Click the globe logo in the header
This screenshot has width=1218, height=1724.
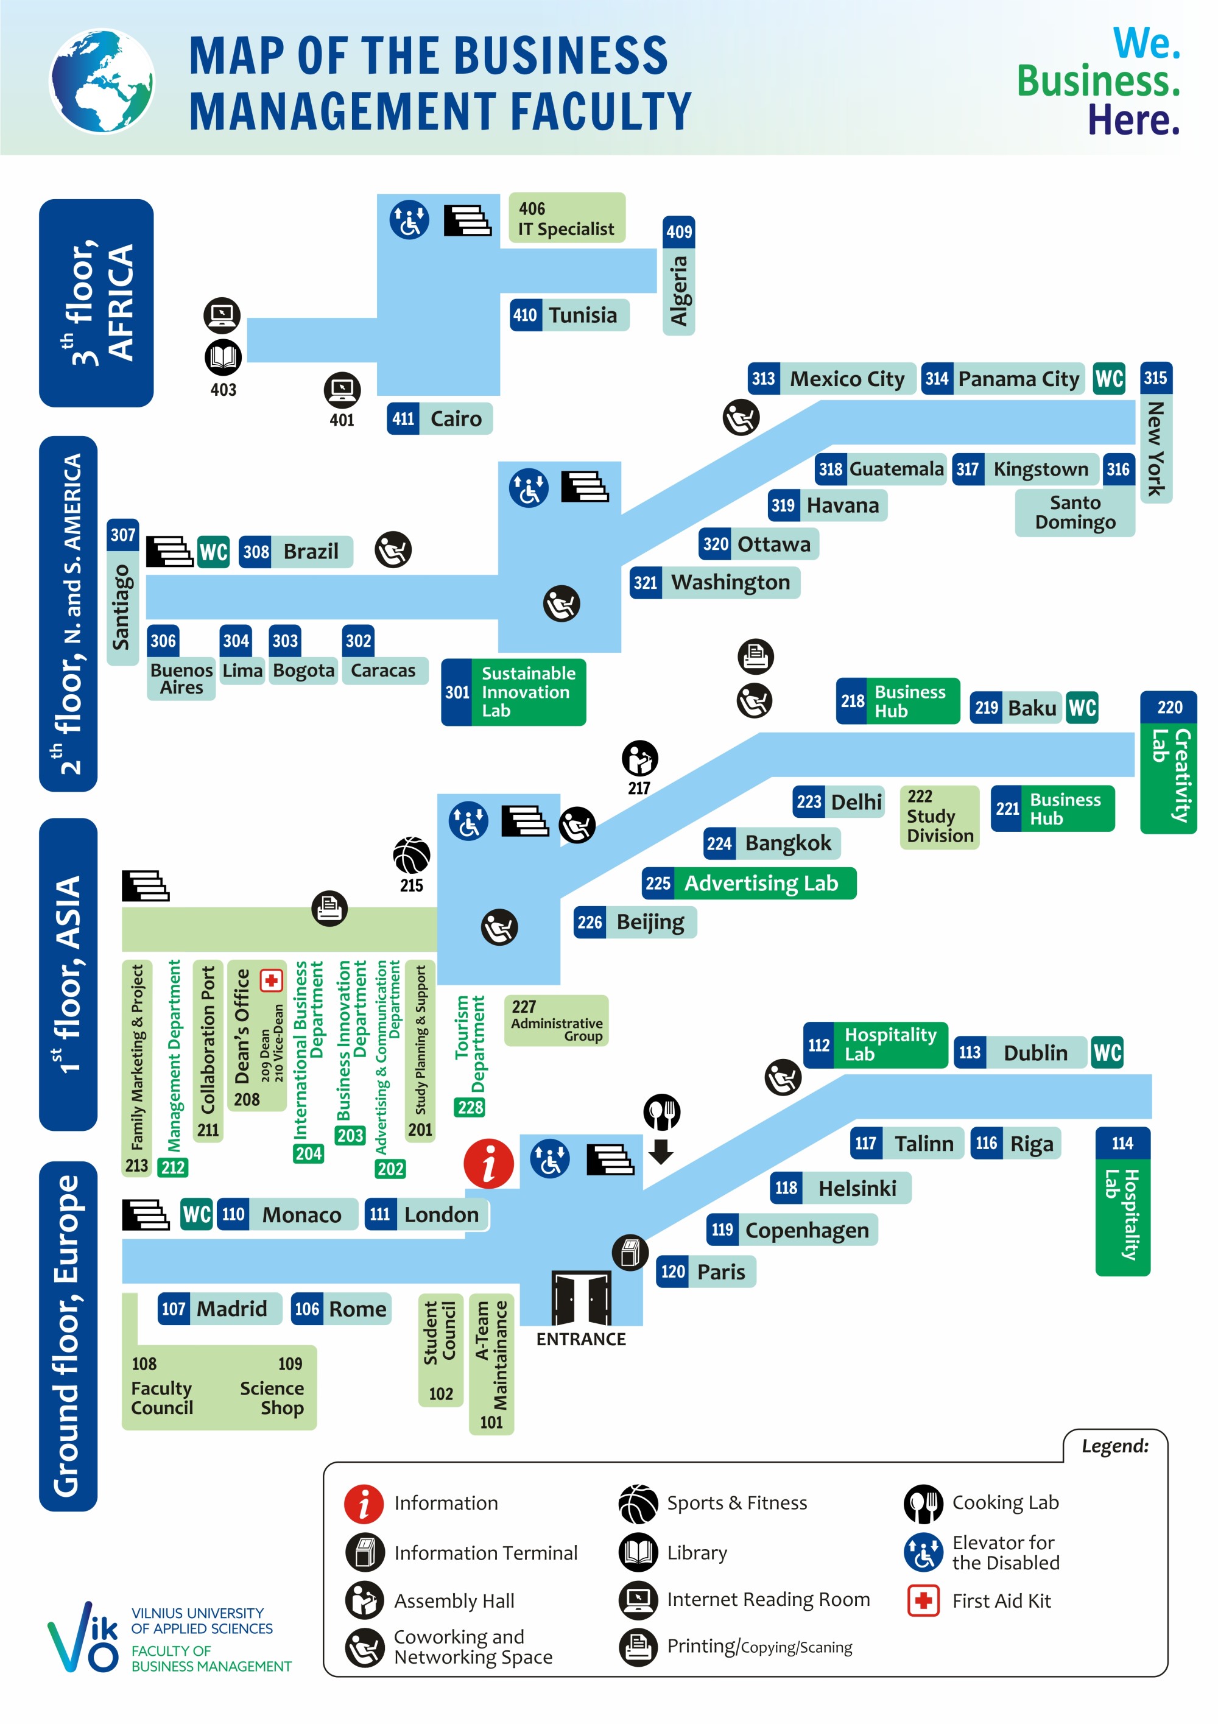coord(102,81)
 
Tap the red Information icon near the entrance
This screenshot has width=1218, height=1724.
coord(489,1164)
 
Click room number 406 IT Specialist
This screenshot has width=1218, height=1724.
coord(567,218)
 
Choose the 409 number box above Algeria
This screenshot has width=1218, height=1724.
coord(679,232)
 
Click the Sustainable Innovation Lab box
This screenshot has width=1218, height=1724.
coord(513,692)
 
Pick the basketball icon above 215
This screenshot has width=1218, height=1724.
coord(412,855)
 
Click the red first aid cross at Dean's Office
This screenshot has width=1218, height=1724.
coord(271,980)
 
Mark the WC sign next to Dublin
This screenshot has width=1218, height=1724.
coord(1108,1052)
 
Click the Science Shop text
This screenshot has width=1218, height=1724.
coord(273,1398)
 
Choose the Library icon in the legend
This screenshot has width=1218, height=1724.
coord(638,1552)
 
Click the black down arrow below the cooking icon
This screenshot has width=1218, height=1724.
coord(661,1151)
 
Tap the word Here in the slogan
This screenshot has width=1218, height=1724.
coord(1134,120)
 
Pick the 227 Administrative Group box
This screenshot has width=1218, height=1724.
coord(557,1021)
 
